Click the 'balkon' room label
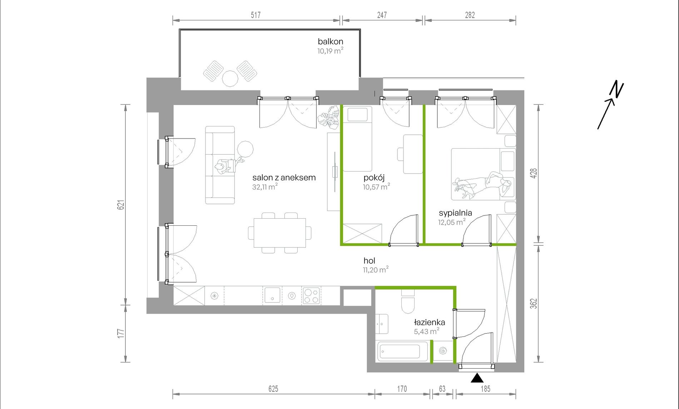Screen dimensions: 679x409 click(330, 41)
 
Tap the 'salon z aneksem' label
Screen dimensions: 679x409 click(284, 178)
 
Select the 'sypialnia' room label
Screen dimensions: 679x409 click(455, 213)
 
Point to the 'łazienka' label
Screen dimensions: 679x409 click(429, 322)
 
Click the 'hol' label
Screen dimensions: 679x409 click(369, 261)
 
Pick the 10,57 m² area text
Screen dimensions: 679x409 click(376, 187)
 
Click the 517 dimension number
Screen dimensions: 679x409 click(256, 15)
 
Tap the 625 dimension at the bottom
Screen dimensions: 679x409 click(273, 389)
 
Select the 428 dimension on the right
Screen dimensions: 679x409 click(534, 174)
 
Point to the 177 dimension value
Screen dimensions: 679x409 click(121, 334)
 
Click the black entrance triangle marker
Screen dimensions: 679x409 click(477, 378)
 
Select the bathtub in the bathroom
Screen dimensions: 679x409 click(402, 351)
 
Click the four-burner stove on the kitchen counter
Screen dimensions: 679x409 click(311, 295)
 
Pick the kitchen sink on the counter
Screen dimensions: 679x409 click(272, 295)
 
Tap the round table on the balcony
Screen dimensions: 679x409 click(230, 78)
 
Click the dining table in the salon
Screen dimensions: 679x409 click(279, 233)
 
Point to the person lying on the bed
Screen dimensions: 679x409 click(482, 184)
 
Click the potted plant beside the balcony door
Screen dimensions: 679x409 click(329, 117)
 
